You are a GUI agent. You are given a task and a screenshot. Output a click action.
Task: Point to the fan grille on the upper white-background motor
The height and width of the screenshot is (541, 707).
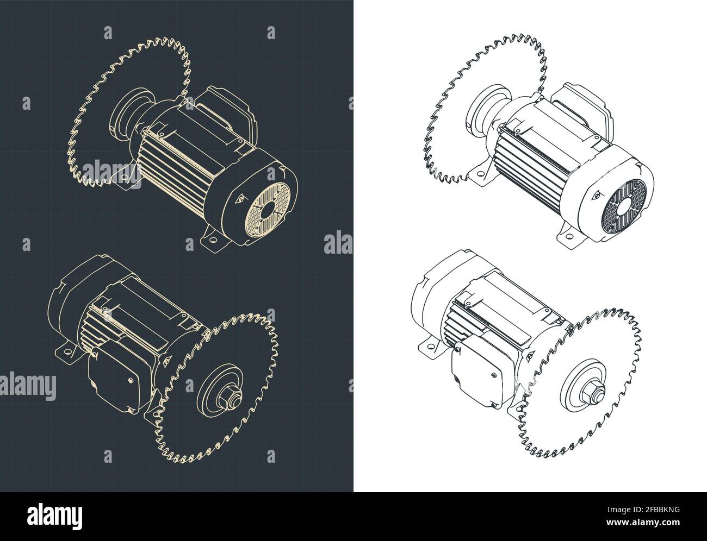pos(624,206)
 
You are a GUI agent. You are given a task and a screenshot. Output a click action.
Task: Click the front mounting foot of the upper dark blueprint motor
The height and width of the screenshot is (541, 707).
pos(212,240)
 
